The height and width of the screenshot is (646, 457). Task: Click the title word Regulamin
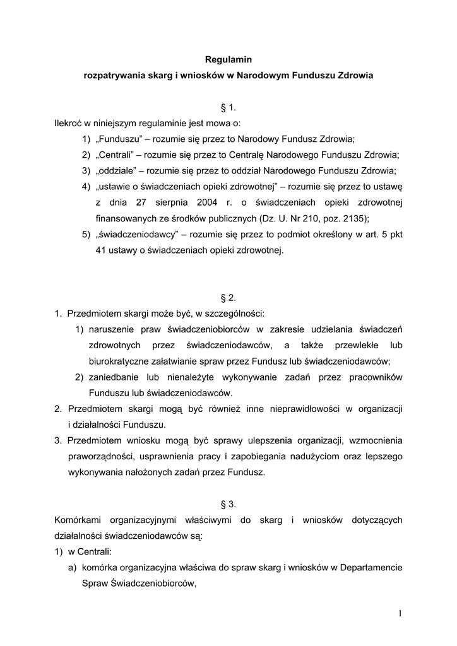[x=228, y=60]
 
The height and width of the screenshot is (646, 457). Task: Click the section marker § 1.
[x=228, y=107]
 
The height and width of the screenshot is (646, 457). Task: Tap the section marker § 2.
[x=228, y=296]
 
